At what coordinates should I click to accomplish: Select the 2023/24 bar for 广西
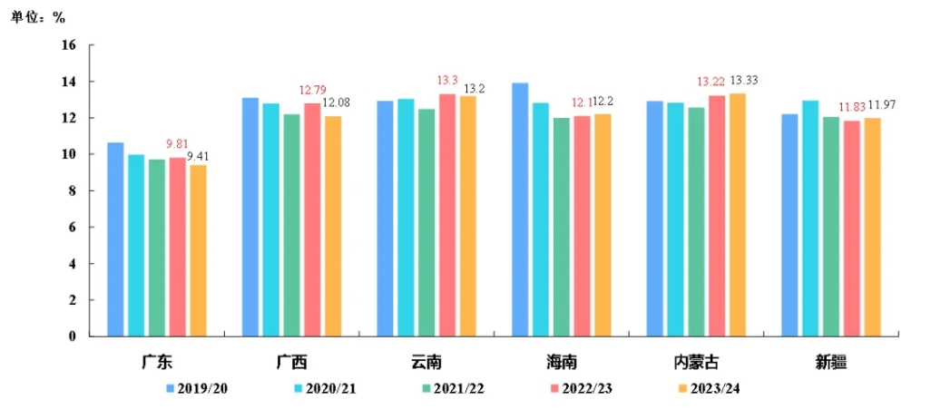tap(333, 226)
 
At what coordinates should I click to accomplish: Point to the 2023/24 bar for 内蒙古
tap(737, 215)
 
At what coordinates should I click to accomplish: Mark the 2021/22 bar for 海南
tap(562, 227)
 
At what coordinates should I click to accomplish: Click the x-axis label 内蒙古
tap(696, 362)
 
